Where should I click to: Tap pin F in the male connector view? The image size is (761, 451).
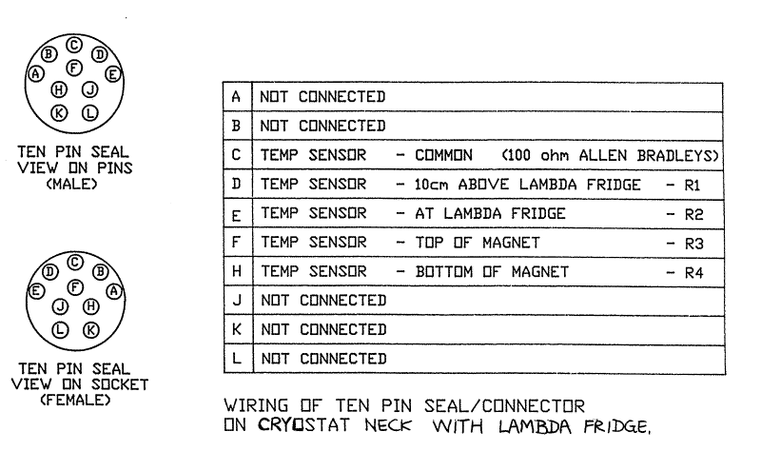coord(74,68)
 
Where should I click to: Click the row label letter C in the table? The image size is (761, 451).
coord(236,153)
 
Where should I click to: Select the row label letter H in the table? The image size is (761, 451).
coord(236,272)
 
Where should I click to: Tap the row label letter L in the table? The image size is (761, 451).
coord(236,359)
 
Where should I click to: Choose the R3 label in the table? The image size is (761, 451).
coord(693,244)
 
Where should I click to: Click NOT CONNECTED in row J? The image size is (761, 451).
coord(322,301)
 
